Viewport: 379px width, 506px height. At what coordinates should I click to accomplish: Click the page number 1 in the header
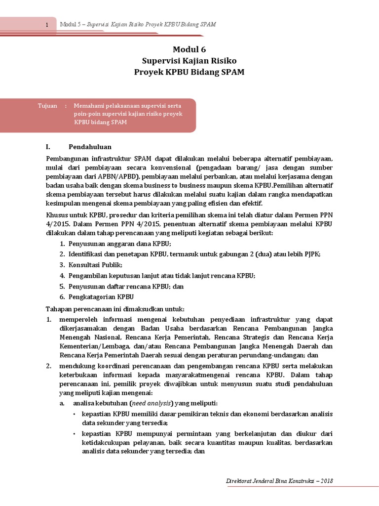click(47, 25)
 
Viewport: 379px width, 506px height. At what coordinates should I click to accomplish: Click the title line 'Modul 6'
click(189, 49)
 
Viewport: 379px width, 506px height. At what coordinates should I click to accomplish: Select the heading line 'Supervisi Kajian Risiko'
click(189, 61)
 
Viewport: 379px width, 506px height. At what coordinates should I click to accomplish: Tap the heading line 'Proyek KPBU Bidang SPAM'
click(189, 72)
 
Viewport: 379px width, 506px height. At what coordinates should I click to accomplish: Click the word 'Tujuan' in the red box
click(47, 106)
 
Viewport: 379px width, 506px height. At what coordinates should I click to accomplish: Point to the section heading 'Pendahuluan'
click(90, 147)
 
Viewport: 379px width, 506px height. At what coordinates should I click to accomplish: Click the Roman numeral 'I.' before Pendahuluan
click(48, 147)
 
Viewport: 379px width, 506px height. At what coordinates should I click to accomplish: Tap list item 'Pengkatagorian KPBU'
click(101, 296)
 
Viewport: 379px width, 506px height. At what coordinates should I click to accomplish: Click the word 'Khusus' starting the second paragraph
click(56, 215)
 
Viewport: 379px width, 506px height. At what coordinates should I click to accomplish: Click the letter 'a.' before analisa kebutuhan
click(62, 403)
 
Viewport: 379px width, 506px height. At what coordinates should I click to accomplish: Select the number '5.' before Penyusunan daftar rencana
click(63, 286)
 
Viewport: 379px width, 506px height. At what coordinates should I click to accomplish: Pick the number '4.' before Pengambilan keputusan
click(63, 276)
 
